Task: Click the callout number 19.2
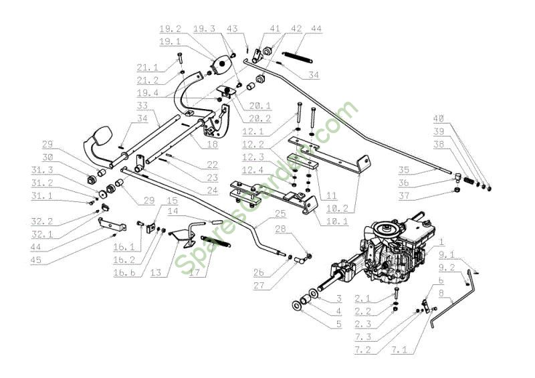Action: tap(169, 29)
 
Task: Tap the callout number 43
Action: tap(232, 29)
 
